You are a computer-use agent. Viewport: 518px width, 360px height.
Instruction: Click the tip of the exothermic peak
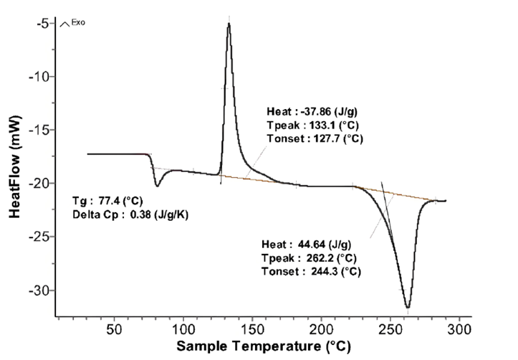pos(229,24)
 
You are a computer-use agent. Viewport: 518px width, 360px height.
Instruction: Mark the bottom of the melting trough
pos(408,307)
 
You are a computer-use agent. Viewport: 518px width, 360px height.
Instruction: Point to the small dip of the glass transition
pos(157,186)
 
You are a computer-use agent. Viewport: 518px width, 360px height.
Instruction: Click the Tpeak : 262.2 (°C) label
pos(310,258)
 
